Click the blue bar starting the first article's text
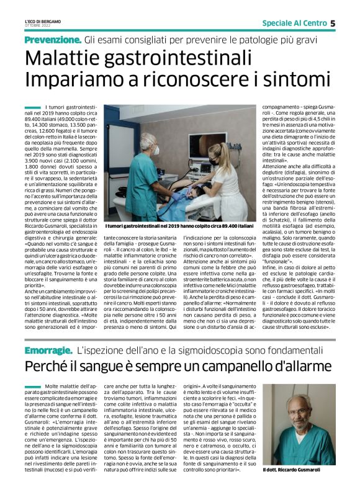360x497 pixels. pyautogui.click(x=33, y=108)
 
